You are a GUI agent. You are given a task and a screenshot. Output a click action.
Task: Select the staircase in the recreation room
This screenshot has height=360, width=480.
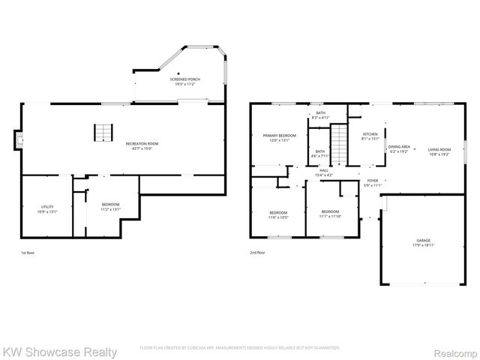coord(103,133)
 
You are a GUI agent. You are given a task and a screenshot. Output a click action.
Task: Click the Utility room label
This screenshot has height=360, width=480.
coord(46,207)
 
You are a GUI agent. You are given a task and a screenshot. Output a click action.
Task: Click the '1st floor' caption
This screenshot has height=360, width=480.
coord(27,253)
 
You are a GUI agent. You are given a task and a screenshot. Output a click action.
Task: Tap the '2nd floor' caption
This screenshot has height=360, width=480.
coord(257,253)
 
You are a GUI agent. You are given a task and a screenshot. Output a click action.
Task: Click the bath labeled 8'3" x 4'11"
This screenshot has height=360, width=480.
coord(320,115)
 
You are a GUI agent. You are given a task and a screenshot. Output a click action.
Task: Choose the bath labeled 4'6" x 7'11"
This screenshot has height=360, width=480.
coord(320,154)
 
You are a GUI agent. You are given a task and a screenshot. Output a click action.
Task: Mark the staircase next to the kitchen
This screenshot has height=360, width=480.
coord(340,142)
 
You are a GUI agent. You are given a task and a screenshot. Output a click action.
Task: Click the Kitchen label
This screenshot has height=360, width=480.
coord(370,136)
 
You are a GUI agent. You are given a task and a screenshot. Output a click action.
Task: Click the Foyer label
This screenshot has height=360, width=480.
coord(372,182)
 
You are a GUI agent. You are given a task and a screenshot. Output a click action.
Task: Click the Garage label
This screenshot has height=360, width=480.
coord(424,242)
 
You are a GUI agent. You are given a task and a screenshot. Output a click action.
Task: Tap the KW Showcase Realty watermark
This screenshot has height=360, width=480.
coord(60,352)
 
